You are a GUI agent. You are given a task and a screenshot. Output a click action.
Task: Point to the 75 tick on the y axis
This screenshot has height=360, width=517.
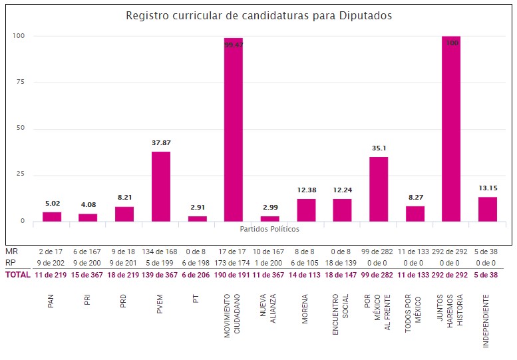click(x=20, y=82)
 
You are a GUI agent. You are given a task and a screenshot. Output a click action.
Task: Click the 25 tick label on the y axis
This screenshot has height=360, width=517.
click(x=20, y=174)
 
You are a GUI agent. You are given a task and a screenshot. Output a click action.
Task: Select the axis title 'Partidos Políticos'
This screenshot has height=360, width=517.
click(x=269, y=229)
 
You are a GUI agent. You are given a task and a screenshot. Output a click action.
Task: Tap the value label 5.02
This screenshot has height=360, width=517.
click(x=51, y=203)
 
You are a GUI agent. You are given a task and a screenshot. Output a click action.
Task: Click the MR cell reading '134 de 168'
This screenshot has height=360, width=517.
click(x=160, y=252)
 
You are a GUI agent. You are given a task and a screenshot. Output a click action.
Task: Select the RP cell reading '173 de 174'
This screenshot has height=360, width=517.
click(x=233, y=263)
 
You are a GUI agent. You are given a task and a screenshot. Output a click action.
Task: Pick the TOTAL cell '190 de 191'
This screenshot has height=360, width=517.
click(x=233, y=275)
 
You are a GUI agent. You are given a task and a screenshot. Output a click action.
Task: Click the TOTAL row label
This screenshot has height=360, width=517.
click(x=17, y=275)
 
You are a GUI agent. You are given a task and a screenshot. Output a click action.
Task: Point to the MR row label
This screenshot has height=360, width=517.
click(x=11, y=252)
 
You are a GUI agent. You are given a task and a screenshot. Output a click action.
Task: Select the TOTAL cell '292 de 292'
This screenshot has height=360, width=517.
click(x=450, y=275)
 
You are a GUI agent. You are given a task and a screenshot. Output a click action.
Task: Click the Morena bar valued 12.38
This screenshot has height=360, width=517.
click(x=306, y=210)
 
